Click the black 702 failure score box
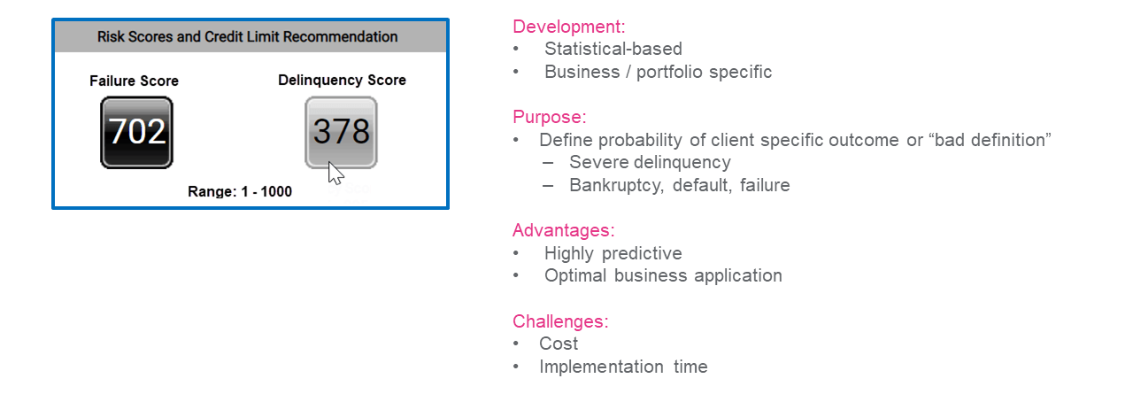[136, 133]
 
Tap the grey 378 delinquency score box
[341, 133]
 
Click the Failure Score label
[134, 81]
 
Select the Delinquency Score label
[342, 81]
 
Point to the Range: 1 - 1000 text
[240, 192]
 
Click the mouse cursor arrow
[335, 174]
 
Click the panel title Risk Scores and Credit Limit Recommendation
[247, 37]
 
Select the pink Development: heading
[569, 27]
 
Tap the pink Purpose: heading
[550, 117]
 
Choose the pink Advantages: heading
[564, 230]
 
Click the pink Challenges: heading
[560, 321]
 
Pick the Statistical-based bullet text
[613, 49]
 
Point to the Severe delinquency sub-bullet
[650, 162]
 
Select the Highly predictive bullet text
[613, 253]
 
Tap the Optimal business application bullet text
[663, 276]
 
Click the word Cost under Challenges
[559, 344]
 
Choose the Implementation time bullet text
[623, 367]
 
